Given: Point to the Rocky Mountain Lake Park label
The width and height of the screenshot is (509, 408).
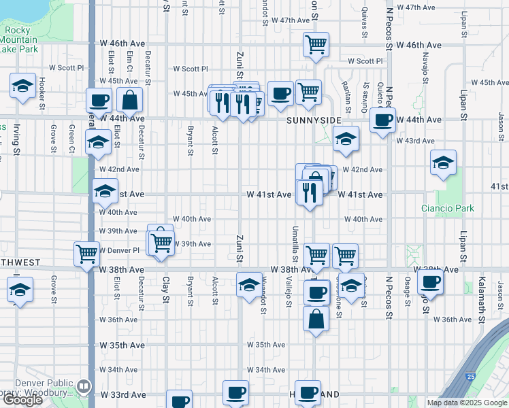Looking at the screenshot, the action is [19, 39].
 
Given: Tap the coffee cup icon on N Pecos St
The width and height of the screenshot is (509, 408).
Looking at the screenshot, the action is [383, 120].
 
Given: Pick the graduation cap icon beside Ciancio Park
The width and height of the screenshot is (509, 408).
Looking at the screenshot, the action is [443, 163].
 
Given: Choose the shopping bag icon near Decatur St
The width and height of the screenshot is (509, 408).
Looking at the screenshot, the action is [129, 101].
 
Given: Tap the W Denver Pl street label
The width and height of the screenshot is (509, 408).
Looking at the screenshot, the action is [119, 250].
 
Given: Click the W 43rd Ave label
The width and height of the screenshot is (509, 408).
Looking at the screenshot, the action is [416, 141].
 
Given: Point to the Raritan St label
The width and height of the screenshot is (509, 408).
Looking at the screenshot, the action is [348, 99].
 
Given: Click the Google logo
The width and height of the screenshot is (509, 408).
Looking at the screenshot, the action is [22, 400].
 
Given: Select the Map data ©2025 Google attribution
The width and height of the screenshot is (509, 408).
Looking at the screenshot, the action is [466, 403].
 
